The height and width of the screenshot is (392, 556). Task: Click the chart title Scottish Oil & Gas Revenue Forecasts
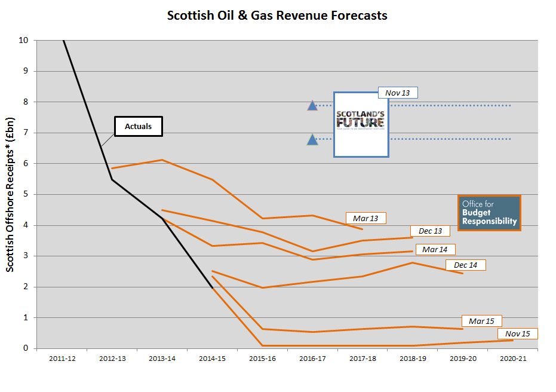(277, 16)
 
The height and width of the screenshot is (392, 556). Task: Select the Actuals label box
(138, 126)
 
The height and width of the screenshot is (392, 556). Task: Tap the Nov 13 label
(397, 93)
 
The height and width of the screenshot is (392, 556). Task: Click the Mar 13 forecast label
(365, 218)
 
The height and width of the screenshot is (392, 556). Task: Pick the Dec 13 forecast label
(429, 231)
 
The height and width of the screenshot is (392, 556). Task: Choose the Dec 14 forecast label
(465, 265)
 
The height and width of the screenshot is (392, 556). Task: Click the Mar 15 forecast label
(481, 321)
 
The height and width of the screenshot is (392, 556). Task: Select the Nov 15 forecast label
(517, 333)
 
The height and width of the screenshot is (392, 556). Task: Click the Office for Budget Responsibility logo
(489, 213)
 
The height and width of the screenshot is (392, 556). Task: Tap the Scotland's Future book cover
(361, 124)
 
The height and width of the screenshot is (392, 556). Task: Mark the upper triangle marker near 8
(312, 106)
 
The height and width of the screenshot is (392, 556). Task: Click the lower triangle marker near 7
(312, 140)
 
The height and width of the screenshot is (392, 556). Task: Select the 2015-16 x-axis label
(262, 358)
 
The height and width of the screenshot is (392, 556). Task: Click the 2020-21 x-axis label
(513, 358)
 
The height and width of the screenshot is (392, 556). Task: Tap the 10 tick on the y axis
(23, 41)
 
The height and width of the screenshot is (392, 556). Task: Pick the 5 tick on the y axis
(26, 194)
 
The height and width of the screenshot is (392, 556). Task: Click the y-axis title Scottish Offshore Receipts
(11, 194)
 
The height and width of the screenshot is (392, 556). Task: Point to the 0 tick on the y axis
(26, 348)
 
